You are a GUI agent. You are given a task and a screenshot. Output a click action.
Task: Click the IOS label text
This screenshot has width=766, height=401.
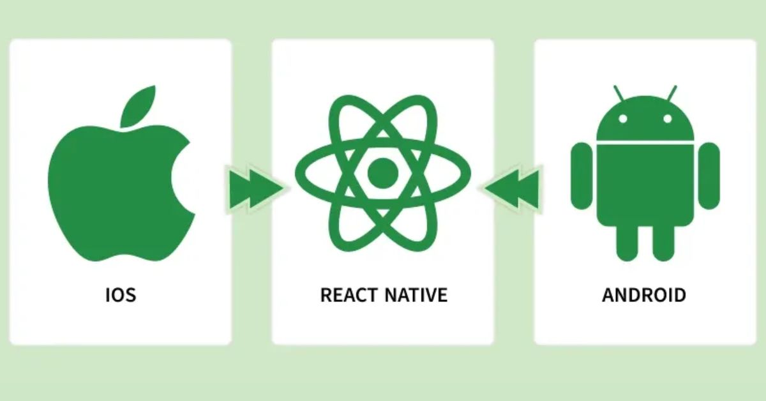coord(121,295)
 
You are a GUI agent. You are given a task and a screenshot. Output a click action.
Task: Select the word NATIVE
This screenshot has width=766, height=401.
coord(416,295)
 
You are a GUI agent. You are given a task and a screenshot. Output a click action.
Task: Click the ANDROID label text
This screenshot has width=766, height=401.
coord(644,295)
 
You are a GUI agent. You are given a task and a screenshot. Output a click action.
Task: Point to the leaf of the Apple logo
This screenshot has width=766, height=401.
coord(138,106)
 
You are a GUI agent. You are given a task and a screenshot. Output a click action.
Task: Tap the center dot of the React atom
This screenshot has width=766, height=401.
coord(383,173)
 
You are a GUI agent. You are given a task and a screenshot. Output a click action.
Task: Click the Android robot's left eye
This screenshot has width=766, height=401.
coord(623,119)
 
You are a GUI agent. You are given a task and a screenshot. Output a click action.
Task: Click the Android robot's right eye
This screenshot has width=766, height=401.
coord(668,119)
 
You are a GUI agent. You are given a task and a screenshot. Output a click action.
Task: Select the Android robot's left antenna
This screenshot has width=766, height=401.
coord(619,93)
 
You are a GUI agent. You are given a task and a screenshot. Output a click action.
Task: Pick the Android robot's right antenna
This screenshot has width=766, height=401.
coord(672,93)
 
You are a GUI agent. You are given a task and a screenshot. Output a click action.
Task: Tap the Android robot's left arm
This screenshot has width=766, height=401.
coord(582,176)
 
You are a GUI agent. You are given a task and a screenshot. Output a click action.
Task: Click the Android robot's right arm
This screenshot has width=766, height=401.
coord(709,176)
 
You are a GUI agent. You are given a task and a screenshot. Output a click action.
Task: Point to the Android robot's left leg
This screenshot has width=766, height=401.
coord(627,242)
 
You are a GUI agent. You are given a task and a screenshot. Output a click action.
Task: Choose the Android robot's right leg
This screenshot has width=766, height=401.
coord(663,242)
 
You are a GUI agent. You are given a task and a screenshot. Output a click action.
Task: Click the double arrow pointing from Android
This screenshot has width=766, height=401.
coord(512,188)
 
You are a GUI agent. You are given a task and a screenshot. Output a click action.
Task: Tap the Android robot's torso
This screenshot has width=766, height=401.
coord(645,185)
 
